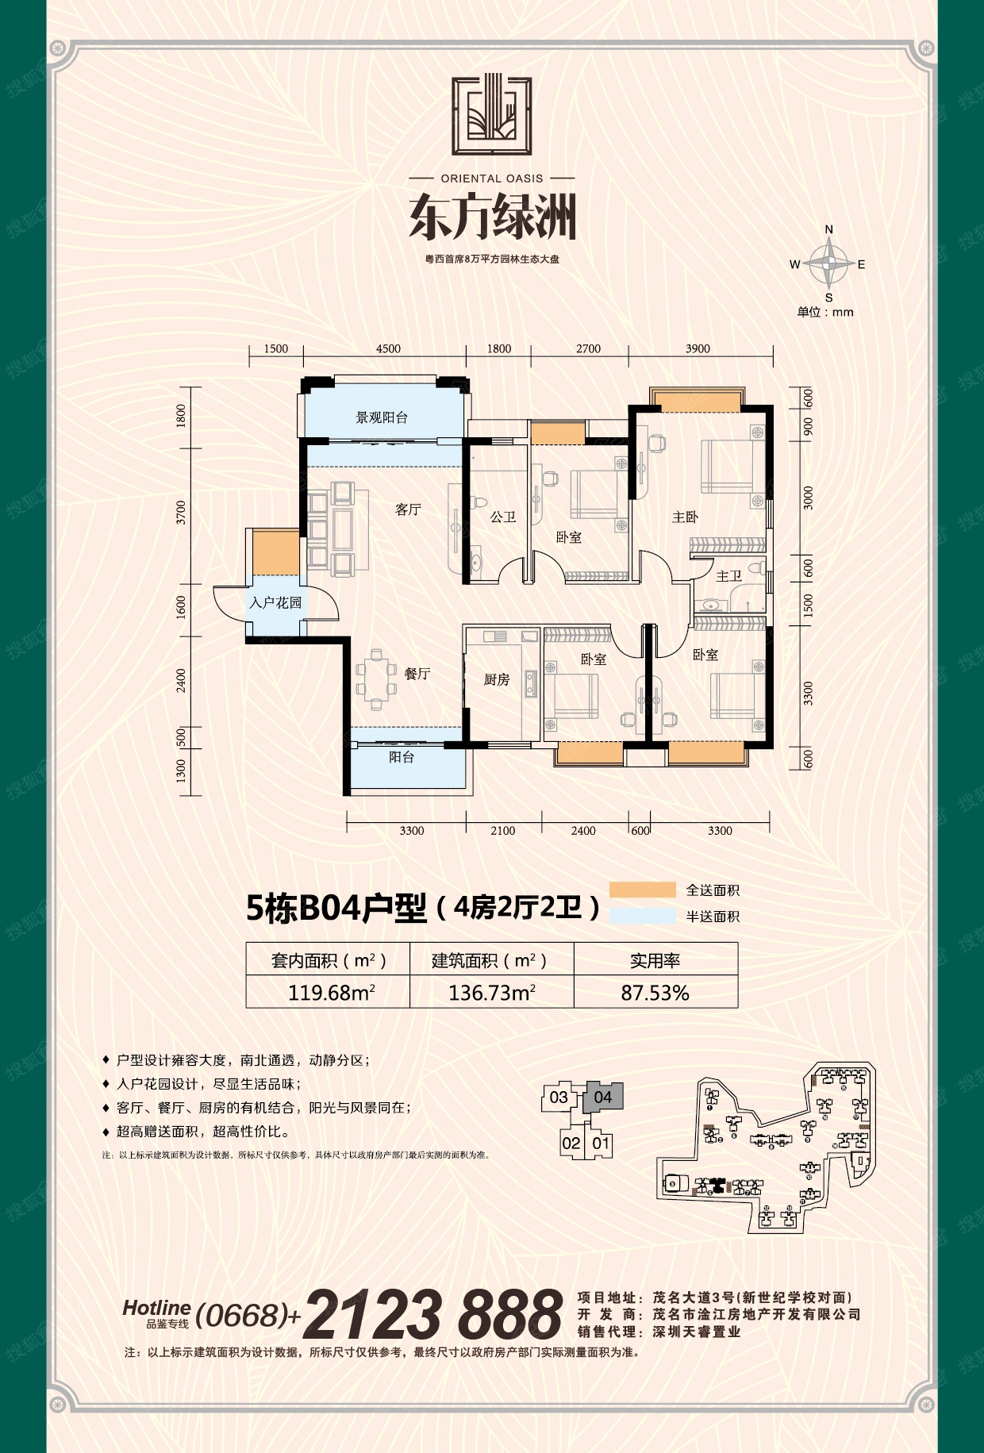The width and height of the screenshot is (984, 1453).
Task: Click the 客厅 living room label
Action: tap(408, 509)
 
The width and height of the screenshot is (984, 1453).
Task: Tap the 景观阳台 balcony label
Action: tap(382, 417)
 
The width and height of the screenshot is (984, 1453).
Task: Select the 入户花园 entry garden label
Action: tap(275, 603)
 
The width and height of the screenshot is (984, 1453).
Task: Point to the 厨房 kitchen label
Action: tap(497, 679)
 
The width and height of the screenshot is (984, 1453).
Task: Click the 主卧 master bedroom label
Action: tap(685, 517)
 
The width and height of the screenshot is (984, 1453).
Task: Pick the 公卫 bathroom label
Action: tap(503, 517)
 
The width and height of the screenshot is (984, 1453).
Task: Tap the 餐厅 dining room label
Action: tap(417, 674)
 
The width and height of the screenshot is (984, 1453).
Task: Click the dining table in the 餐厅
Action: tap(376, 679)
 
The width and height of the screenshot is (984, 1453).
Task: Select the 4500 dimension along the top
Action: tap(388, 349)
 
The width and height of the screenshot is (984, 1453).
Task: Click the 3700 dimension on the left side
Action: tap(182, 513)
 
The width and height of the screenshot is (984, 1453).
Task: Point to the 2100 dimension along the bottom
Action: tap(502, 831)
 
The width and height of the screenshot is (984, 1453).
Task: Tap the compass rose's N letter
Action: tap(829, 229)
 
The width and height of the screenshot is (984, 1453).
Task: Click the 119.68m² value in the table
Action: tap(332, 993)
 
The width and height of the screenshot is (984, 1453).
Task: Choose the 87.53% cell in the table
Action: tap(655, 993)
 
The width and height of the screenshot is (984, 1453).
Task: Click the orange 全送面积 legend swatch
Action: tap(643, 890)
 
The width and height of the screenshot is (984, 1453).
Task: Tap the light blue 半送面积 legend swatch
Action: tap(643, 916)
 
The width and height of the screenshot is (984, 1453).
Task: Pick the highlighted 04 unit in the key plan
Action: tap(603, 1097)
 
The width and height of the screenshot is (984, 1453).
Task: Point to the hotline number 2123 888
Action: tap(433, 1315)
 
